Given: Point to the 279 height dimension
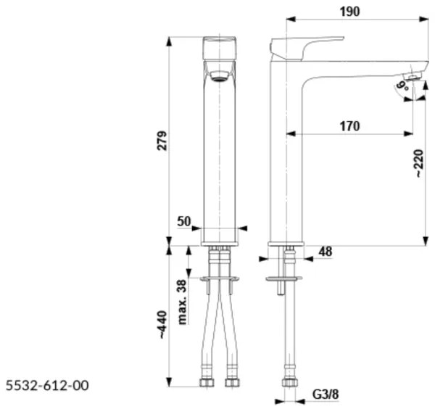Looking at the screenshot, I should (162, 140).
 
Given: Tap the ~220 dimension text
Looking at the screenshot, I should (418, 164).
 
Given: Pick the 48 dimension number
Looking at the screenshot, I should (325, 252).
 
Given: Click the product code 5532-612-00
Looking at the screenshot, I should (48, 385).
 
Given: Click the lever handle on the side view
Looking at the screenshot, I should (304, 44).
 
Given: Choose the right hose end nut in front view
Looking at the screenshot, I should (232, 381).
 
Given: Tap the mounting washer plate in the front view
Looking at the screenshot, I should (219, 278).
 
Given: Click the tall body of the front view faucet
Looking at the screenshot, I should (219, 152).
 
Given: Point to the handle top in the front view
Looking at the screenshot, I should (219, 46).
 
